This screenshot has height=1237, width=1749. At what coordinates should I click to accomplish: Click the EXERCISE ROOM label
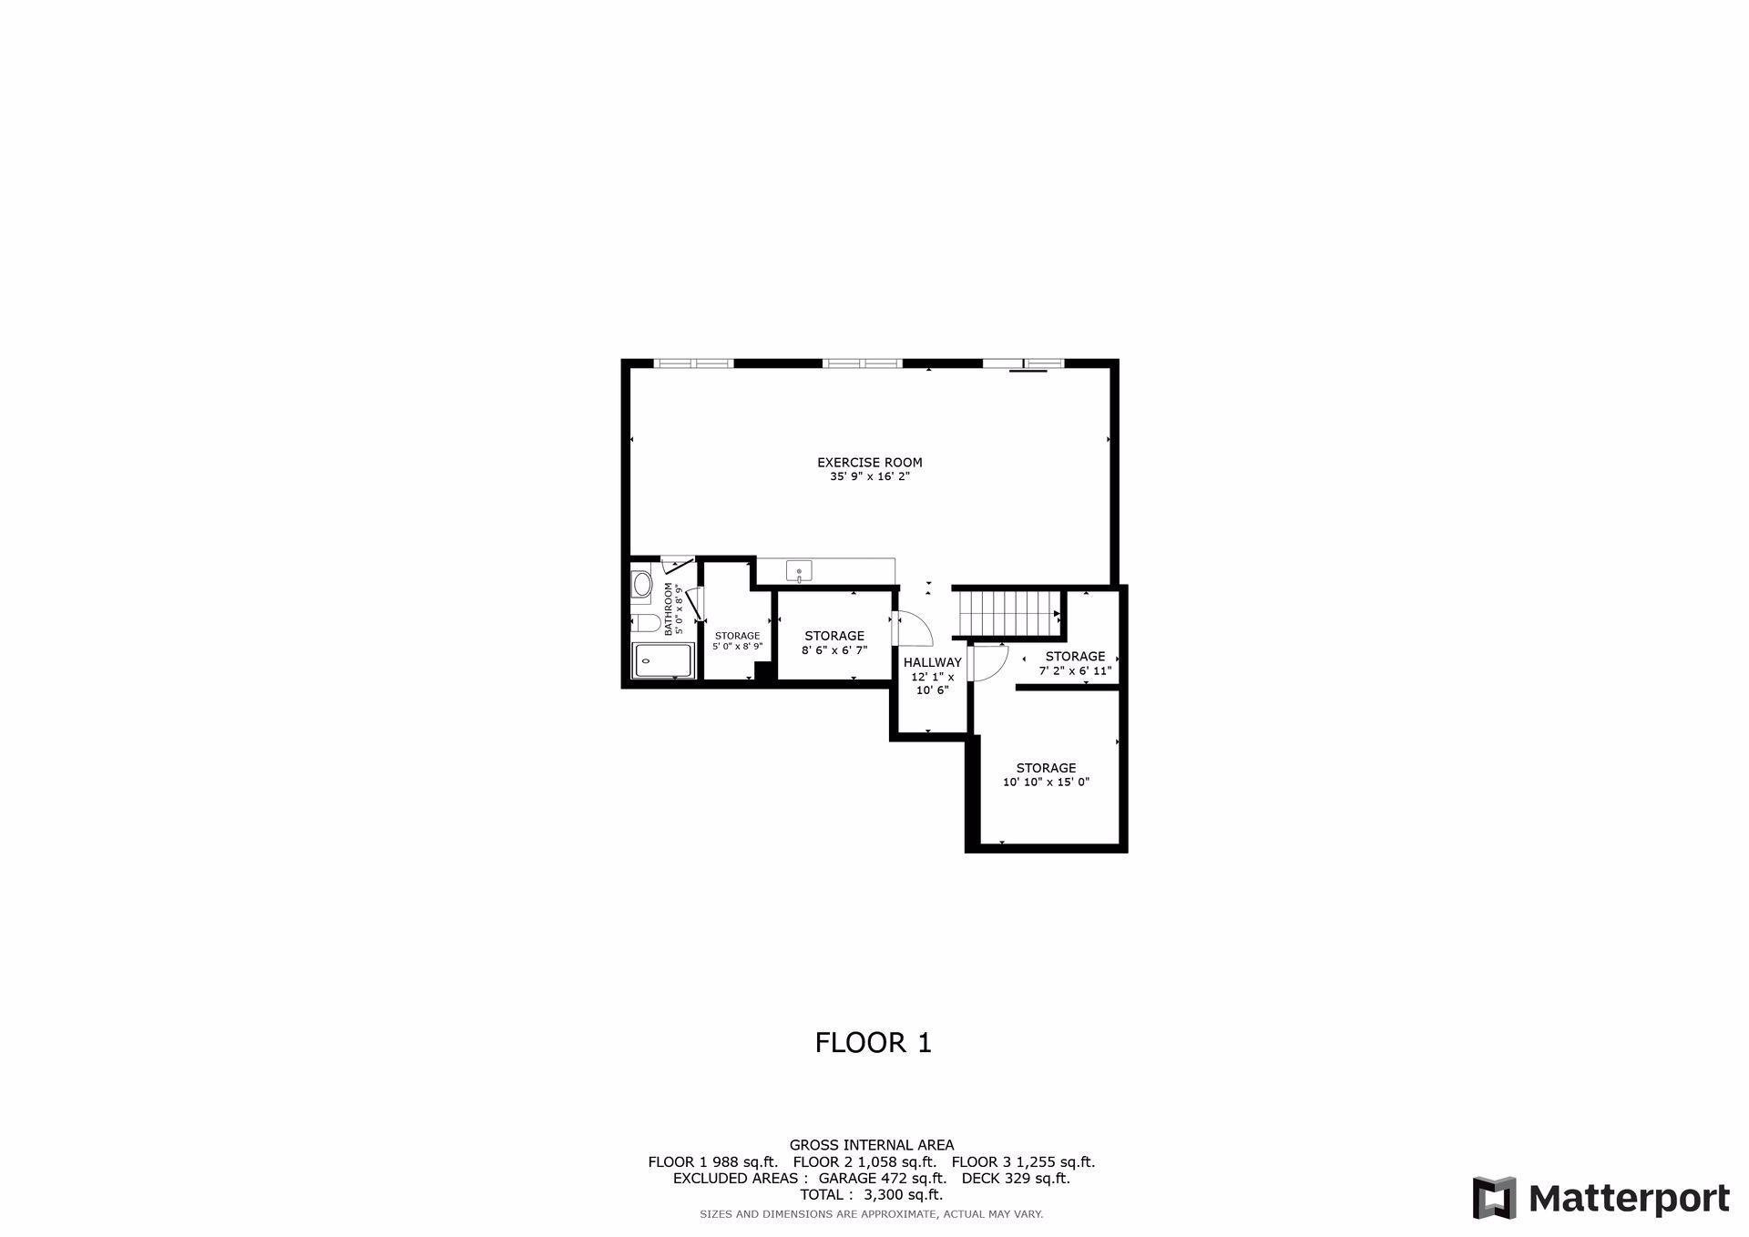(x=869, y=462)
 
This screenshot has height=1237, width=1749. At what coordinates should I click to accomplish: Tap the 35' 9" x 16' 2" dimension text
(x=869, y=476)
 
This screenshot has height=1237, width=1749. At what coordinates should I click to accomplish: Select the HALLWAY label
(x=932, y=662)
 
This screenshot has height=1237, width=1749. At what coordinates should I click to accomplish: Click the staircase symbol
(x=1007, y=612)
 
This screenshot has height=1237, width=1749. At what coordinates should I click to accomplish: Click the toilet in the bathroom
(x=645, y=623)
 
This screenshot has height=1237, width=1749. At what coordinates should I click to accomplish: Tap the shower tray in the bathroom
(x=664, y=660)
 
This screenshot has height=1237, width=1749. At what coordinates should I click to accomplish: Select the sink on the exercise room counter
(x=799, y=571)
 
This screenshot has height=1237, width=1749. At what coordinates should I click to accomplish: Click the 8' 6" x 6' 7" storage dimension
(x=834, y=650)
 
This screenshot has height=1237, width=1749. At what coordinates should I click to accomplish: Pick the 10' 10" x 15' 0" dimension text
(x=1046, y=782)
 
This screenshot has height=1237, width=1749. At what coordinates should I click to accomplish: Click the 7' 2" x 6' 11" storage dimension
(x=1075, y=670)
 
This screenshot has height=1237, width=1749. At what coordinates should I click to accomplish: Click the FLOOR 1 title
(x=873, y=1042)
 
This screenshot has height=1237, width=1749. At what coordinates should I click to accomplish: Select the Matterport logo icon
(x=1494, y=1198)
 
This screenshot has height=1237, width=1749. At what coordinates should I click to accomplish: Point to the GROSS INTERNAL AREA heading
(x=871, y=1145)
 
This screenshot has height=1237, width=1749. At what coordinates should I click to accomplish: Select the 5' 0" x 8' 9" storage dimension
(x=737, y=647)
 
